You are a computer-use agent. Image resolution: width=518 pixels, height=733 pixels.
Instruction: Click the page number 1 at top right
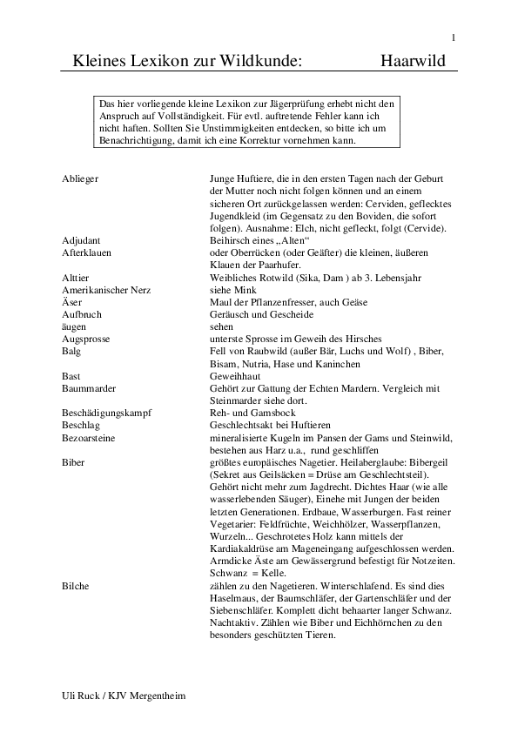pyautogui.click(x=454, y=37)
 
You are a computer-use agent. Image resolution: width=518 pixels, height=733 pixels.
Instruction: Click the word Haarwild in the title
pyautogui.click(x=413, y=62)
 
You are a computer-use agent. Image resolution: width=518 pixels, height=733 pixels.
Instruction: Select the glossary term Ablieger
pyautogui.click(x=80, y=178)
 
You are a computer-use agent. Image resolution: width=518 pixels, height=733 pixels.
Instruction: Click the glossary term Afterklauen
pyautogui.click(x=86, y=252)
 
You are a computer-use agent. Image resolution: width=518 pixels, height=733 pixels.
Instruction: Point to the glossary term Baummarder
pyautogui.click(x=85, y=386)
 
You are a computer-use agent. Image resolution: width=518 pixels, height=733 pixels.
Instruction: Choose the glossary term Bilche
pyautogui.click(x=76, y=587)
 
